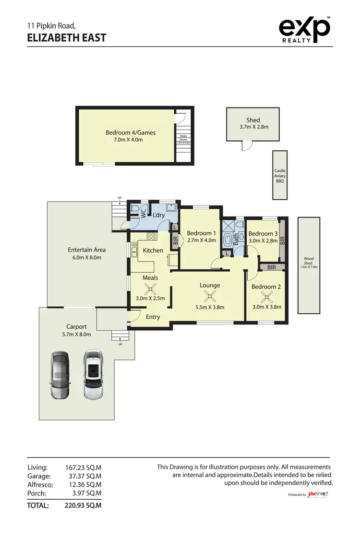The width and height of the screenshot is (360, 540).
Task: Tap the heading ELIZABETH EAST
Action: [x=67, y=37]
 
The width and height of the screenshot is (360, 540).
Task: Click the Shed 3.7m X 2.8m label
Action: [x=253, y=124]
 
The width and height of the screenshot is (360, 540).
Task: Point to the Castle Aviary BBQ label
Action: [x=280, y=176]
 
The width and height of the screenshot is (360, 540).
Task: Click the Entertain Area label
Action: [x=87, y=250]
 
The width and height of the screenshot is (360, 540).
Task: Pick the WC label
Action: [x=143, y=213]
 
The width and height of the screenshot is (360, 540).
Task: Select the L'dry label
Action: [x=159, y=216]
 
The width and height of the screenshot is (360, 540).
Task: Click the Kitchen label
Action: [x=153, y=251]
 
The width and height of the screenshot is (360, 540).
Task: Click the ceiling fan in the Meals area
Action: [x=150, y=289]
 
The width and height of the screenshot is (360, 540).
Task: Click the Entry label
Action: [x=153, y=317]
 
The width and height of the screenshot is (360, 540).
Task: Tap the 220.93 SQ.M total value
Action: [x=83, y=505]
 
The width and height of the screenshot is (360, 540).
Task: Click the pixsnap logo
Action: [x=318, y=494]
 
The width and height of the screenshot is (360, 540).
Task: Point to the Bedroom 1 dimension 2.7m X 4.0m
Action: [x=201, y=240]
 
